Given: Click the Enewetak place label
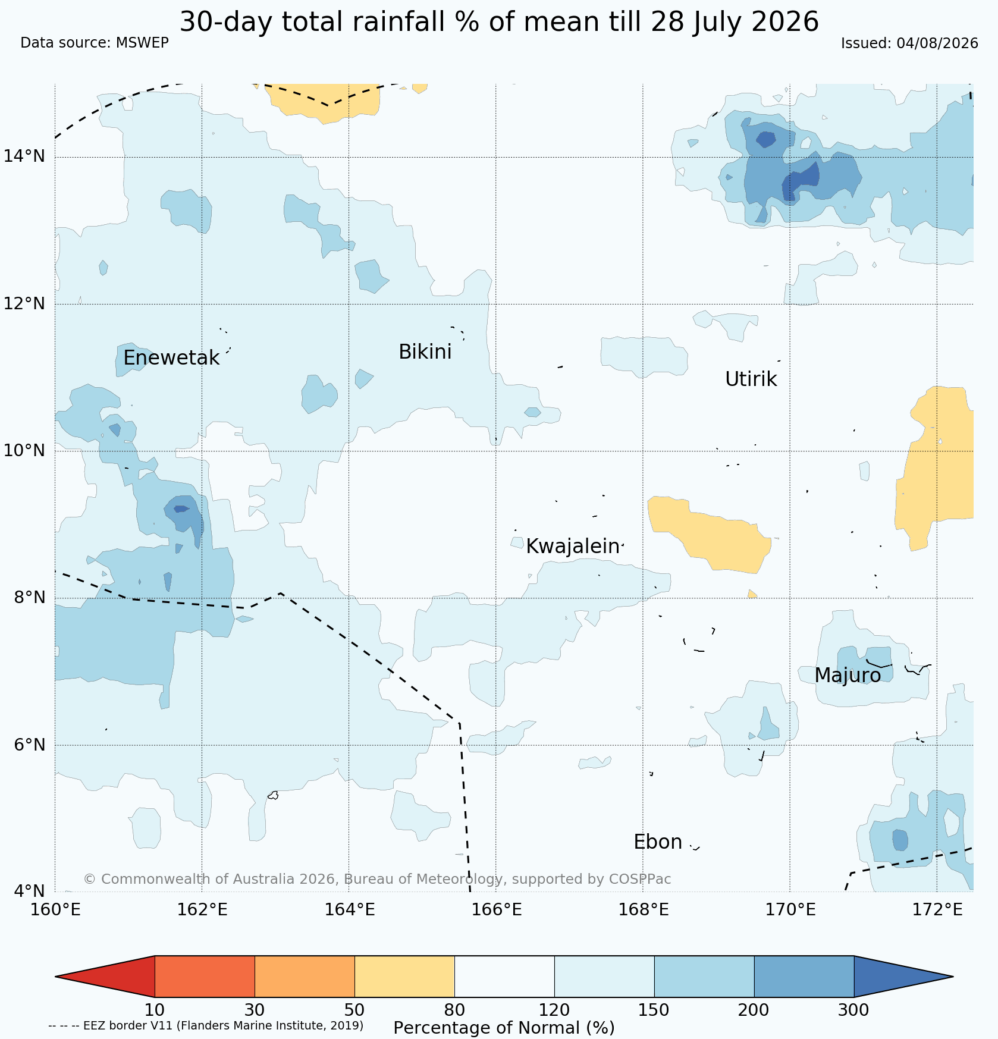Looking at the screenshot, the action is [171, 358].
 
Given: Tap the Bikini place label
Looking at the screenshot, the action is [425, 352].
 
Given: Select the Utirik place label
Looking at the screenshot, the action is [751, 379].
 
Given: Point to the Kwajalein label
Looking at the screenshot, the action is [573, 547].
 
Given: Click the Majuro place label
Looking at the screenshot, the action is [848, 676].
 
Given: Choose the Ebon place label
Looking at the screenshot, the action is [658, 842].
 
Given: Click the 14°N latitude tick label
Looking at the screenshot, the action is [24, 156].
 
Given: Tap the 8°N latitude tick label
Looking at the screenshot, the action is [29, 597].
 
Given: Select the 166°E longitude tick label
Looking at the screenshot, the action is [495, 909].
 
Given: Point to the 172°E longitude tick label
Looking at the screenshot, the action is [937, 909].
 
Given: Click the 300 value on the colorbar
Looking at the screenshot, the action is [853, 1010].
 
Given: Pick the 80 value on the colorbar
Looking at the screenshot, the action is [454, 1010].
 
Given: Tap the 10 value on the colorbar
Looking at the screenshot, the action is [155, 1010].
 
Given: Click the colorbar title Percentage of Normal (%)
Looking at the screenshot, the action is [504, 1028].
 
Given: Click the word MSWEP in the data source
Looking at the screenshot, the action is [142, 43].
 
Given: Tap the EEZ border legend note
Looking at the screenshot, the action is [206, 1025].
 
